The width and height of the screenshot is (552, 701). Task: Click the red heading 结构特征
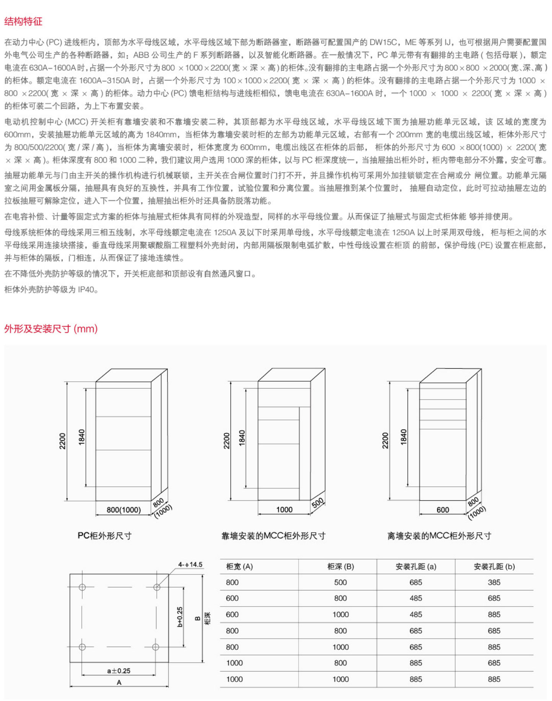click(23, 21)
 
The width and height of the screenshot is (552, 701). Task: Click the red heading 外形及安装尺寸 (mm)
click(51, 329)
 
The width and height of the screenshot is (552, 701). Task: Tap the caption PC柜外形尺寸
click(104, 535)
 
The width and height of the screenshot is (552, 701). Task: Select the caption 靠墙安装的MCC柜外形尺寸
click(274, 536)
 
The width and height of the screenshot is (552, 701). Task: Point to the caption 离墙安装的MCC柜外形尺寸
click(439, 536)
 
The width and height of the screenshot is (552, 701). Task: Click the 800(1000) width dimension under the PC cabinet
click(124, 510)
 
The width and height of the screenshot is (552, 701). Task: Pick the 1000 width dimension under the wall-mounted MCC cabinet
click(284, 509)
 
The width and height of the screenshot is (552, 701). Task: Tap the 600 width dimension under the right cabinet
click(443, 510)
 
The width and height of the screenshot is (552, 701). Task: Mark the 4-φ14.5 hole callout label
click(190, 564)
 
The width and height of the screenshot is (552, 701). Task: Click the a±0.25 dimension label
click(119, 671)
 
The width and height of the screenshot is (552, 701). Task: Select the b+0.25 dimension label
click(180, 616)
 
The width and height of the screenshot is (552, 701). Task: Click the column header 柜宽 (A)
click(239, 566)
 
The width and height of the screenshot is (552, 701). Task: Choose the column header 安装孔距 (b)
click(494, 566)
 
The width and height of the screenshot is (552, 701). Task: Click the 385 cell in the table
click(494, 582)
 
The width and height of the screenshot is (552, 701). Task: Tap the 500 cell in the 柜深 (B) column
click(340, 582)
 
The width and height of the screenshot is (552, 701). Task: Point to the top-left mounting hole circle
click(82, 587)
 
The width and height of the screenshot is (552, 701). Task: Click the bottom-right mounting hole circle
click(156, 647)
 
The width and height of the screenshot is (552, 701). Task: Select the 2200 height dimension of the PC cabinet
click(62, 441)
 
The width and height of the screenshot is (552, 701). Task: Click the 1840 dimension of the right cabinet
click(404, 437)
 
